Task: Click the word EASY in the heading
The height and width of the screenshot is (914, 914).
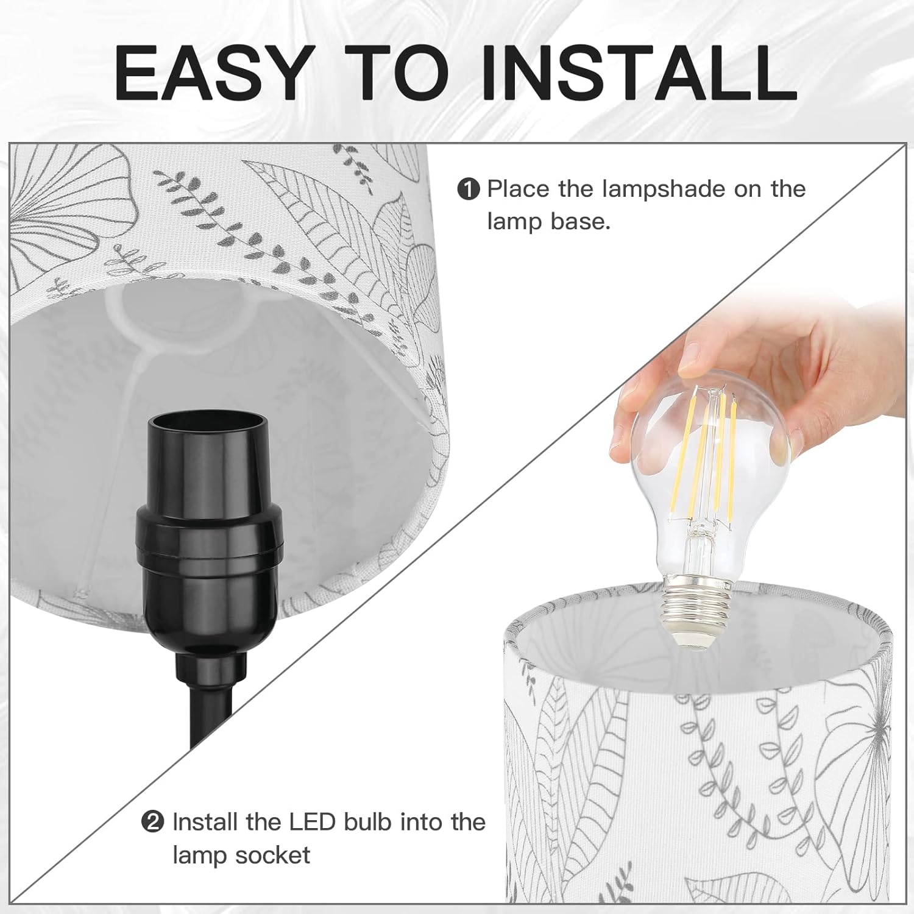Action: click(x=210, y=72)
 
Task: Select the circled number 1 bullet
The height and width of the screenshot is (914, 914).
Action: click(x=469, y=190)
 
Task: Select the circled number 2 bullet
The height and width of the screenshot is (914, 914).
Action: click(x=153, y=823)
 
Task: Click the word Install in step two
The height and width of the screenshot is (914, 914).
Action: click(x=205, y=822)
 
